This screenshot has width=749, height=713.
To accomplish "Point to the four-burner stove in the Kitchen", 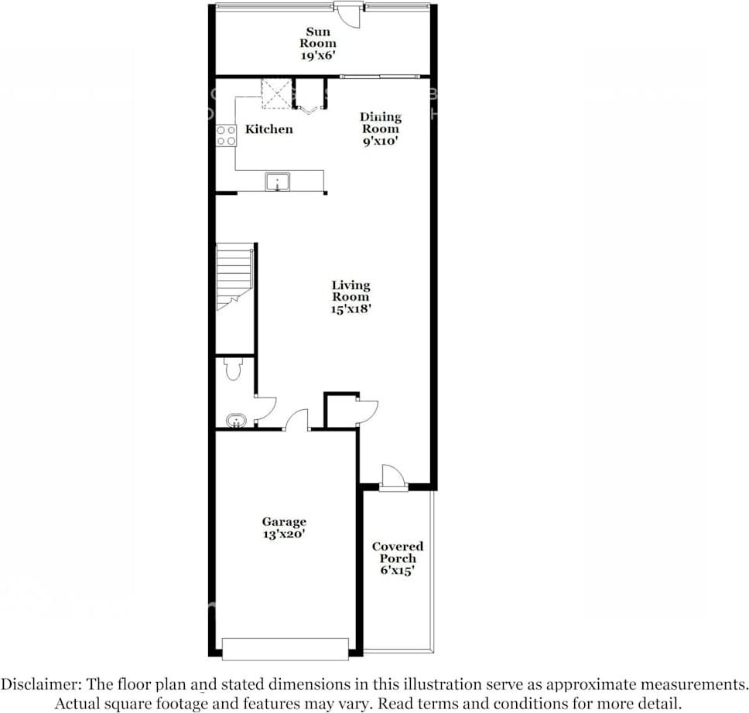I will pos(226,136).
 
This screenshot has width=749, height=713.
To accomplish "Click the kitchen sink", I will pos(277,183).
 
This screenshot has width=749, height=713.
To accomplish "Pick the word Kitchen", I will pos(268,129).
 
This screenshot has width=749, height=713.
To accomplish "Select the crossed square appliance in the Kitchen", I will pos(275,94).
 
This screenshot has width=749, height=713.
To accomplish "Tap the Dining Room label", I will pos(380,123).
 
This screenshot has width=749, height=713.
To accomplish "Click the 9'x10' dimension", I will pos(380,142).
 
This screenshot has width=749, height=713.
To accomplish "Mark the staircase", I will pos(234,276).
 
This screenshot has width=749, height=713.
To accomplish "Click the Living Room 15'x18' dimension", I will pos(351,309).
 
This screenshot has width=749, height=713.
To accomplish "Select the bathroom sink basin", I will pos(235,421).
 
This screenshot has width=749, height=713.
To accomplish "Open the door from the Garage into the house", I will pos(296,421).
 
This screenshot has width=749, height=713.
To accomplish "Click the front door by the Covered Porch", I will pos(393,477).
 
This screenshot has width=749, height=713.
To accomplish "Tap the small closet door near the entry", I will pos(366,411).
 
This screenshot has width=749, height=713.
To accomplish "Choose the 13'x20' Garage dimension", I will pos(283,534).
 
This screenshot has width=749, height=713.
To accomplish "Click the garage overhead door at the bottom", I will pos(285,648).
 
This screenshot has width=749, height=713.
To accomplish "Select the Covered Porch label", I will pos(398,552).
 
